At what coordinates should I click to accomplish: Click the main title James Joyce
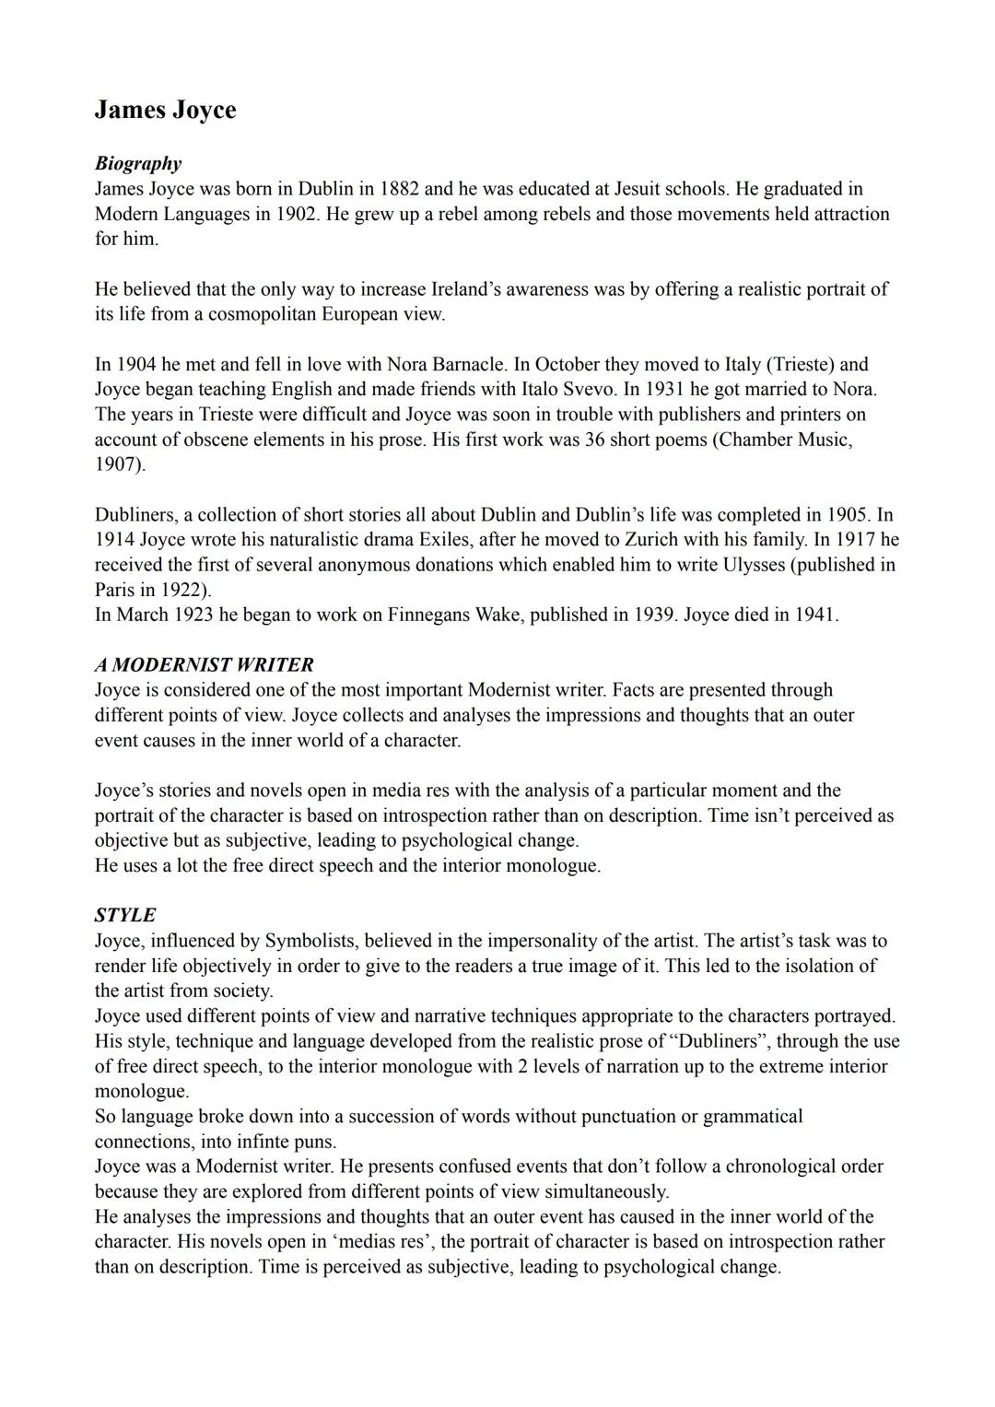click(165, 110)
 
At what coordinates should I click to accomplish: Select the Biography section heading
click(138, 163)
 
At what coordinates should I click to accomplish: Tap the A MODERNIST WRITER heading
click(204, 664)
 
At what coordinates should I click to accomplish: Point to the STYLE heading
click(125, 915)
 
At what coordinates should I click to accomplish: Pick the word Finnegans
click(427, 615)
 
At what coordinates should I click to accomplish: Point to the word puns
click(315, 1142)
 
